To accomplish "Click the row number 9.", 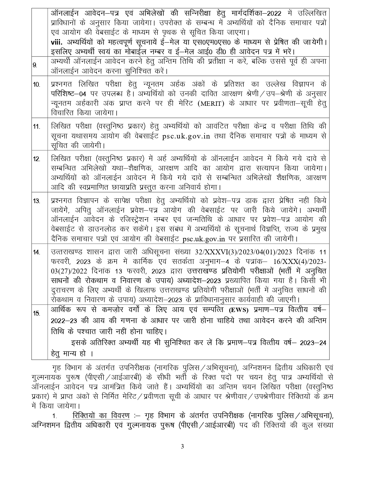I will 35,65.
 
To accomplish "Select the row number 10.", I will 36,85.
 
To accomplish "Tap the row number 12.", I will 36,159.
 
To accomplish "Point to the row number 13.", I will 36,201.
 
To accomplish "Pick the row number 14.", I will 36,252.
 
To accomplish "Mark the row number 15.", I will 36,313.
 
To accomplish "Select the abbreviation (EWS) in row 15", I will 238,310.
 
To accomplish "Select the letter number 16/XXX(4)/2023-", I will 303,262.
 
